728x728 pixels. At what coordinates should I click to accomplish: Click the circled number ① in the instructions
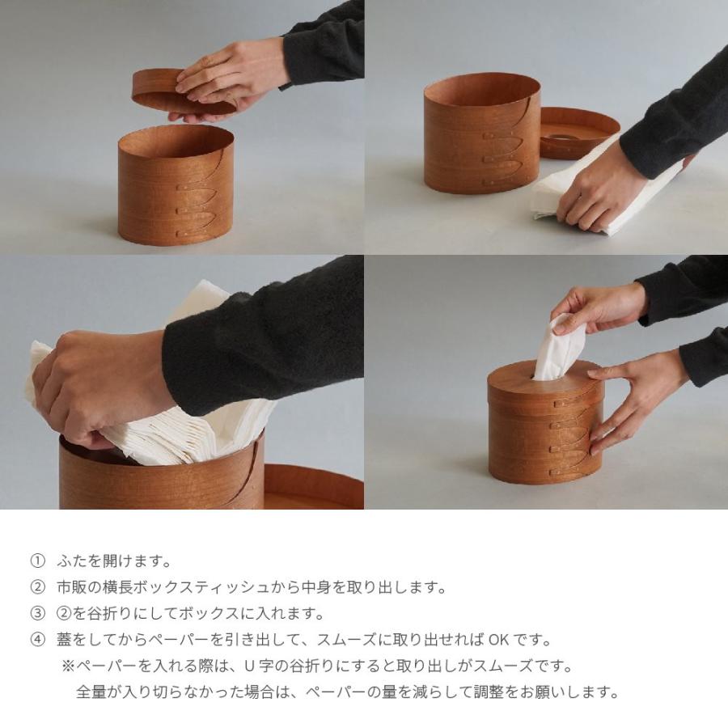(x=37, y=561)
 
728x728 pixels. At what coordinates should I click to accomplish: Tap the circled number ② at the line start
(x=37, y=587)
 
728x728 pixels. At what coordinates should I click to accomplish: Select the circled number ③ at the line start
(x=37, y=613)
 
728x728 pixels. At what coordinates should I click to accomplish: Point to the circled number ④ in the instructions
(x=37, y=640)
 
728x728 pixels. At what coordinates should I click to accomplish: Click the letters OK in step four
(x=499, y=640)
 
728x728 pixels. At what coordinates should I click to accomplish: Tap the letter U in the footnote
(x=249, y=667)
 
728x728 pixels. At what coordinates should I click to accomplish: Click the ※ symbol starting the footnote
(x=68, y=667)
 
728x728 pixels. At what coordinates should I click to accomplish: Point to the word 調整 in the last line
(x=488, y=692)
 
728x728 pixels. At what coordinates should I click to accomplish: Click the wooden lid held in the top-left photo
(x=184, y=92)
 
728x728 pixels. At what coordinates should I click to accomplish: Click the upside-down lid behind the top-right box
(x=579, y=133)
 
